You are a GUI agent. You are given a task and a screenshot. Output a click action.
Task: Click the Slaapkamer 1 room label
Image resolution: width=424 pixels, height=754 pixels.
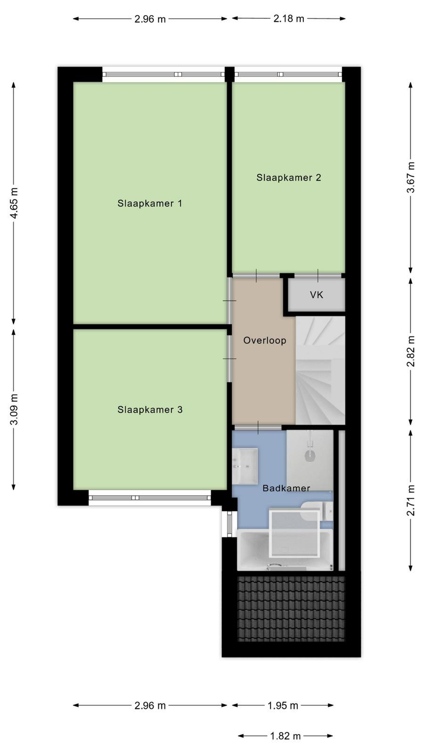click(x=150, y=203)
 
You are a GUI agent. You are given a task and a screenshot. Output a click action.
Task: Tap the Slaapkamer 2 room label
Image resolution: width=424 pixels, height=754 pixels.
click(x=289, y=177)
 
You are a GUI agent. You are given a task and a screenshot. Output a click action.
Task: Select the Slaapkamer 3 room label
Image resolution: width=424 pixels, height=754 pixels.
click(x=150, y=410)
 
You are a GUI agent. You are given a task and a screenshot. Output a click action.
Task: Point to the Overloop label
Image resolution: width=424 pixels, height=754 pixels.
click(x=265, y=340)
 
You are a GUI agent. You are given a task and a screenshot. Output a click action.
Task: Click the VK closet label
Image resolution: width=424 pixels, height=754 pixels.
click(x=317, y=295)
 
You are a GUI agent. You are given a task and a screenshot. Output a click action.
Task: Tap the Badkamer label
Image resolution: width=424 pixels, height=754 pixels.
click(x=286, y=488)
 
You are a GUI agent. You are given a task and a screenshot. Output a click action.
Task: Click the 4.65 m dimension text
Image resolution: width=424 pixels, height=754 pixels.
click(x=14, y=203)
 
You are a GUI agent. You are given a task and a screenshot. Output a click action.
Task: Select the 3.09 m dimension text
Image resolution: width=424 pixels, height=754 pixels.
click(x=14, y=410)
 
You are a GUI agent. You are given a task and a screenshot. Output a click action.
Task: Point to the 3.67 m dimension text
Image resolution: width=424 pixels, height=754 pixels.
click(x=411, y=177)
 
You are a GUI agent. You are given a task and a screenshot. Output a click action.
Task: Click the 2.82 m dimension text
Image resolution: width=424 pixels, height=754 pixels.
click(x=411, y=351)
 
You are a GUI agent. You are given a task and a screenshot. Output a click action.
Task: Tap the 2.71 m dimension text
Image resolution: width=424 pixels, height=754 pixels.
click(x=411, y=500)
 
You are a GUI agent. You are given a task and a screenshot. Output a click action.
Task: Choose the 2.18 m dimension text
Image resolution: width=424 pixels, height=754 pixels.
click(x=289, y=18)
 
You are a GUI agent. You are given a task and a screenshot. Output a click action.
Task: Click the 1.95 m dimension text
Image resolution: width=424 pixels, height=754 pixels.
click(x=283, y=705)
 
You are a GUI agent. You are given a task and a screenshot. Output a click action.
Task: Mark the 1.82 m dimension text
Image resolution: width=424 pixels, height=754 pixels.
click(x=285, y=736)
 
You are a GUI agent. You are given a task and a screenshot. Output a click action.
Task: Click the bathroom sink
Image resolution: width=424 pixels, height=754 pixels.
click(x=245, y=466)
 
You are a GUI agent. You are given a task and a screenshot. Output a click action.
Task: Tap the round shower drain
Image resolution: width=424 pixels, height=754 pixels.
click(x=310, y=456)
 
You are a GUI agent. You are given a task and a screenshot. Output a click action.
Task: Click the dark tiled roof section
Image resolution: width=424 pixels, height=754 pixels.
click(x=292, y=608)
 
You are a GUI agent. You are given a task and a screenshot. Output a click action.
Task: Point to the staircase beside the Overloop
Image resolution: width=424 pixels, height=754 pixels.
click(x=320, y=370)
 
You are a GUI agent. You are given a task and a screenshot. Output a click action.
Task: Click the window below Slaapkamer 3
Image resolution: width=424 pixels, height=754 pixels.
click(x=150, y=498)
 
